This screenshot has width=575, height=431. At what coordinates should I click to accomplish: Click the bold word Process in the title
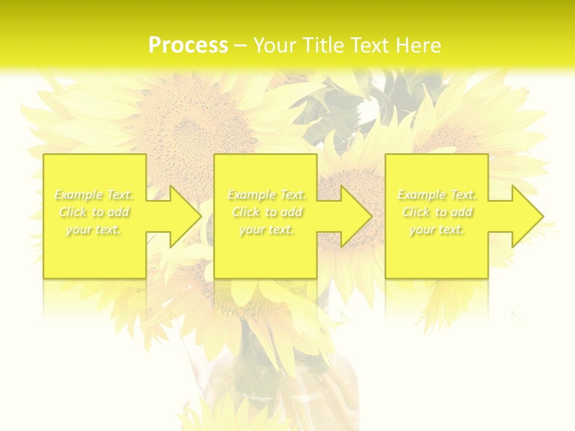point(188,45)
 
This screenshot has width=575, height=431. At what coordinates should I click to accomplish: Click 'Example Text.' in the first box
point(94,195)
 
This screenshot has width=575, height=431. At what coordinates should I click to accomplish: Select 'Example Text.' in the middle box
point(267,195)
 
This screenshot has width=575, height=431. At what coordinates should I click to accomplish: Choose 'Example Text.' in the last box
point(437,195)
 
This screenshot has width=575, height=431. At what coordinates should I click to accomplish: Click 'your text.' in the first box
point(94,229)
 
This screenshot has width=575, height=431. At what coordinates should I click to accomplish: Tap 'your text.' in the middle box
point(267,229)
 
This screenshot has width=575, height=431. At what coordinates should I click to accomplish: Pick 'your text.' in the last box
point(437,229)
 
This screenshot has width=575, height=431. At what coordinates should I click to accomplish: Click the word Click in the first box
point(72,212)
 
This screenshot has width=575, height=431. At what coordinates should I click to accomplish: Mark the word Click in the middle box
point(246,212)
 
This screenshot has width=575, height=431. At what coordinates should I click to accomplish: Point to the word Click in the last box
point(416,212)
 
